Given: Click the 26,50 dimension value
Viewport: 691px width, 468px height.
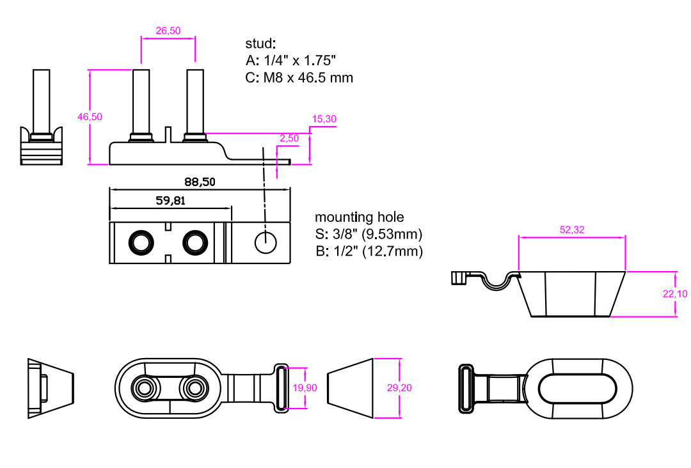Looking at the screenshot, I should pos(168,31).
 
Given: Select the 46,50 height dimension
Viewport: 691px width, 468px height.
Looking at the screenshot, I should pos(90,116).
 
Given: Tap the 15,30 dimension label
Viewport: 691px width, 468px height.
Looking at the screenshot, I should pos(324,119).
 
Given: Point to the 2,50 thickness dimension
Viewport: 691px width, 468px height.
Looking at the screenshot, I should pos(289,138).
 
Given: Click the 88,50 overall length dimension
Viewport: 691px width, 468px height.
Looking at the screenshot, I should pos(200,182).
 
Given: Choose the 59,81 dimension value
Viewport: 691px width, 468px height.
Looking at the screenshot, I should pos(171,201).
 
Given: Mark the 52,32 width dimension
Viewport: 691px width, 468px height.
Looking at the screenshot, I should pos(572,230).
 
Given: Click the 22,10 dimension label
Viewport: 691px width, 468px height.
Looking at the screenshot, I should pos(676,294).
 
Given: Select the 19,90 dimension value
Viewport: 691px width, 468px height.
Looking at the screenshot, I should pos(304,388).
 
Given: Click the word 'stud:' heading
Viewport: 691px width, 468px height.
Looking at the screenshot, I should pos(260,43).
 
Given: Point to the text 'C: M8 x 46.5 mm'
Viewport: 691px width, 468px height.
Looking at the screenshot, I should pos(299,78).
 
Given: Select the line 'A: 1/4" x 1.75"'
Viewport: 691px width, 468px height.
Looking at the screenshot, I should pos(290,61).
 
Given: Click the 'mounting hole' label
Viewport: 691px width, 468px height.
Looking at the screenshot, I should pos(360,217).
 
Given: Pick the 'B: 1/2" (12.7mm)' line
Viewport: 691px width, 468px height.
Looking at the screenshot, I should pos(369,251).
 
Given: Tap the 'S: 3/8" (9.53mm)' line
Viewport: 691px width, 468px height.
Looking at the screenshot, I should pos(369,234).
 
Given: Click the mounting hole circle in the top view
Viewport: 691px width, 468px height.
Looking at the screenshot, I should pos(265,242).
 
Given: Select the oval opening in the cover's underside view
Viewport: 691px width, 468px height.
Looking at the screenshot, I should pos(578,389).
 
